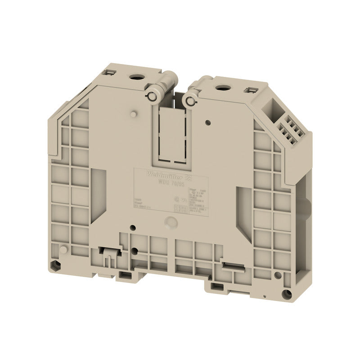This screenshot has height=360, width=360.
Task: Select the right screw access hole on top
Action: pos(221,87)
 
